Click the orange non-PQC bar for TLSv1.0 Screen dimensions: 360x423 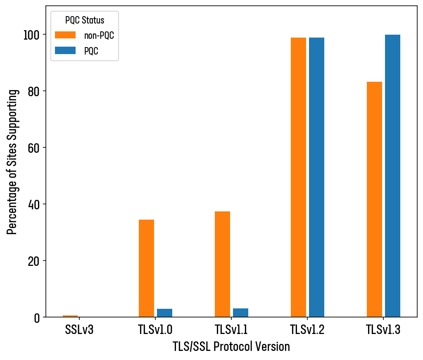pos(146,268)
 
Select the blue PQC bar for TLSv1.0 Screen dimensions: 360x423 pos(164,313)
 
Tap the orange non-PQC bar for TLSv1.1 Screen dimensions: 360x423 pos(222,264)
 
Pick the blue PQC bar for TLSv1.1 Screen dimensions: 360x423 pos(240,313)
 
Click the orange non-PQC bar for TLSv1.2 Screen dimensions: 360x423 pos(298,178)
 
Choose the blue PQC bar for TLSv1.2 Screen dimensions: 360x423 pos(316,178)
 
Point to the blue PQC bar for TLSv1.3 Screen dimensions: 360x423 pos(392,176)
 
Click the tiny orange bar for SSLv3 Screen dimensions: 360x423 pos(70,316)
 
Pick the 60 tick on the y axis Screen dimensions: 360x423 pos(35,148)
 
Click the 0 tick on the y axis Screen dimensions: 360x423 pos(38,317)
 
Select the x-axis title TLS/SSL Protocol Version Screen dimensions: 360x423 pos(231,347)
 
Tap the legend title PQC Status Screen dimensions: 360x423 pos(85,20)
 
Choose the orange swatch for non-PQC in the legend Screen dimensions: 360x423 pos(65,35)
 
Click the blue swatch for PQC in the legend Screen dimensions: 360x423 pos(65,50)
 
